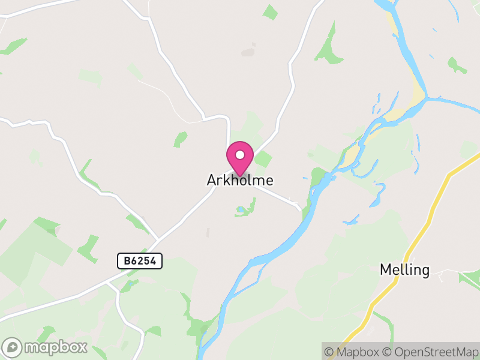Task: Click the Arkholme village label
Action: pyautogui.click(x=240, y=180)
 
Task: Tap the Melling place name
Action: pyautogui.click(x=404, y=270)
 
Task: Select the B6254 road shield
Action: pyautogui.click(x=140, y=261)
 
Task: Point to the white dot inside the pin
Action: pyautogui.click(x=240, y=155)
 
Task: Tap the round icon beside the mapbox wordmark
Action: pyautogui.click(x=13, y=347)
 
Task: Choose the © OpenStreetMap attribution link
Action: pyautogui.click(x=430, y=352)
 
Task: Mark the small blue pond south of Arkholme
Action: pyautogui.click(x=241, y=209)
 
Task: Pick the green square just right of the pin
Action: pyautogui.click(x=263, y=159)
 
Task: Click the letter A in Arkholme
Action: pyautogui.click(x=211, y=180)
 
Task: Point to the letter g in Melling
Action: pyautogui.click(x=425, y=272)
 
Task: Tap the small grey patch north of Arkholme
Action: pyautogui.click(x=248, y=53)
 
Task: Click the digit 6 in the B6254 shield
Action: pyautogui.click(x=133, y=261)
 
